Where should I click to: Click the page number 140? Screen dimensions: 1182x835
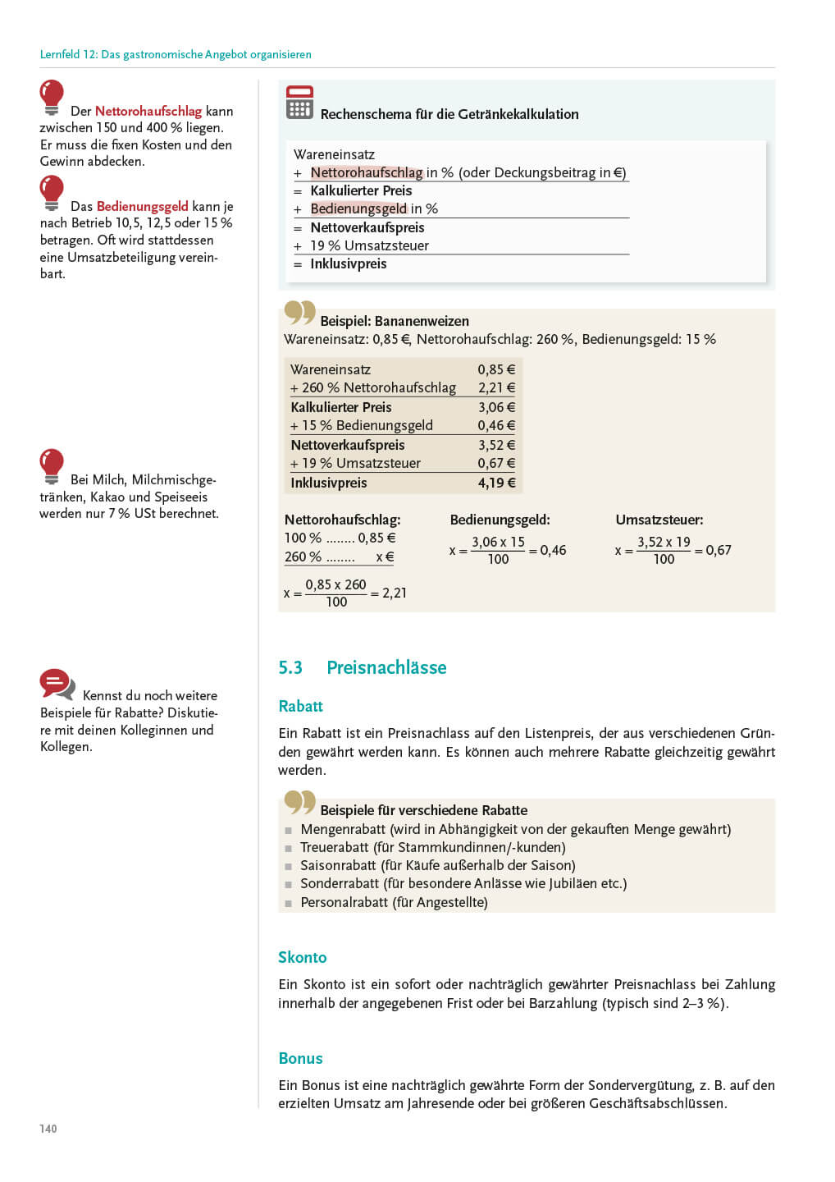(48, 1129)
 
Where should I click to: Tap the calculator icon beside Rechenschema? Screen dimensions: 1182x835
(299, 103)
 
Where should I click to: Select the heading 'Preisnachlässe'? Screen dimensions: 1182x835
(386, 667)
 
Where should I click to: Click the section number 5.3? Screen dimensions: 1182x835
(290, 667)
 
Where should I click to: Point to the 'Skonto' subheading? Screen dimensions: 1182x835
(302, 957)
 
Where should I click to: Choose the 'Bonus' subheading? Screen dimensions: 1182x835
(300, 1058)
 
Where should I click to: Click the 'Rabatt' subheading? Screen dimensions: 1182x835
(300, 706)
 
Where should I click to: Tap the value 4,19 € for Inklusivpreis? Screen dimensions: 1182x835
(496, 483)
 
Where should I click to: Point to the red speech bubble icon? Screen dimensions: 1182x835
(56, 683)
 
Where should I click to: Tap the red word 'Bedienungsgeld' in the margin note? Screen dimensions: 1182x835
(142, 206)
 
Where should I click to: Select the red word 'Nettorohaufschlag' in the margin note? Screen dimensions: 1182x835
(148, 111)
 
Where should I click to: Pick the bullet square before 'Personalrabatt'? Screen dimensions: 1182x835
(288, 903)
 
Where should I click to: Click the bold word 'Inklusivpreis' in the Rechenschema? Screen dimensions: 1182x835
(348, 263)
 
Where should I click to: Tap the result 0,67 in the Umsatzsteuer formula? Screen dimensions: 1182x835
(718, 550)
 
